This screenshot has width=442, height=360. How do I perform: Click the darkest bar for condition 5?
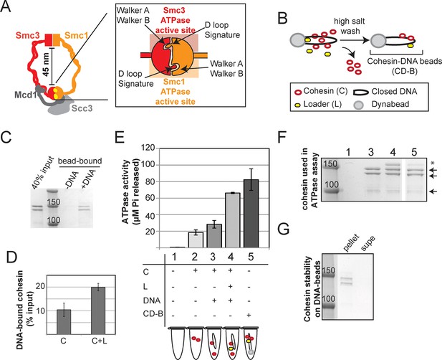(x=251, y=214)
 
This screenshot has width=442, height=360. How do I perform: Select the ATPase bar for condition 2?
(x=196, y=240)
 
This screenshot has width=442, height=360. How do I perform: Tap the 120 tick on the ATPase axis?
(x=148, y=148)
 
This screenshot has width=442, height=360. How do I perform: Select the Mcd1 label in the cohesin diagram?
(x=27, y=95)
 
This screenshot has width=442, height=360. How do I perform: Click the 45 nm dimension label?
(x=46, y=66)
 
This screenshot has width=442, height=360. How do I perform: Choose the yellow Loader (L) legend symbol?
(x=297, y=105)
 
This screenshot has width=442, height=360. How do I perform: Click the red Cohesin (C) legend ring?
(x=298, y=91)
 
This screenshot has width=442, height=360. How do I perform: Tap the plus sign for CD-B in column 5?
(x=249, y=315)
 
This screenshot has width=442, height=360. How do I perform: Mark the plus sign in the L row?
(x=230, y=286)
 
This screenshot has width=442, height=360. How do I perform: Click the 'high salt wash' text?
(x=349, y=26)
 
